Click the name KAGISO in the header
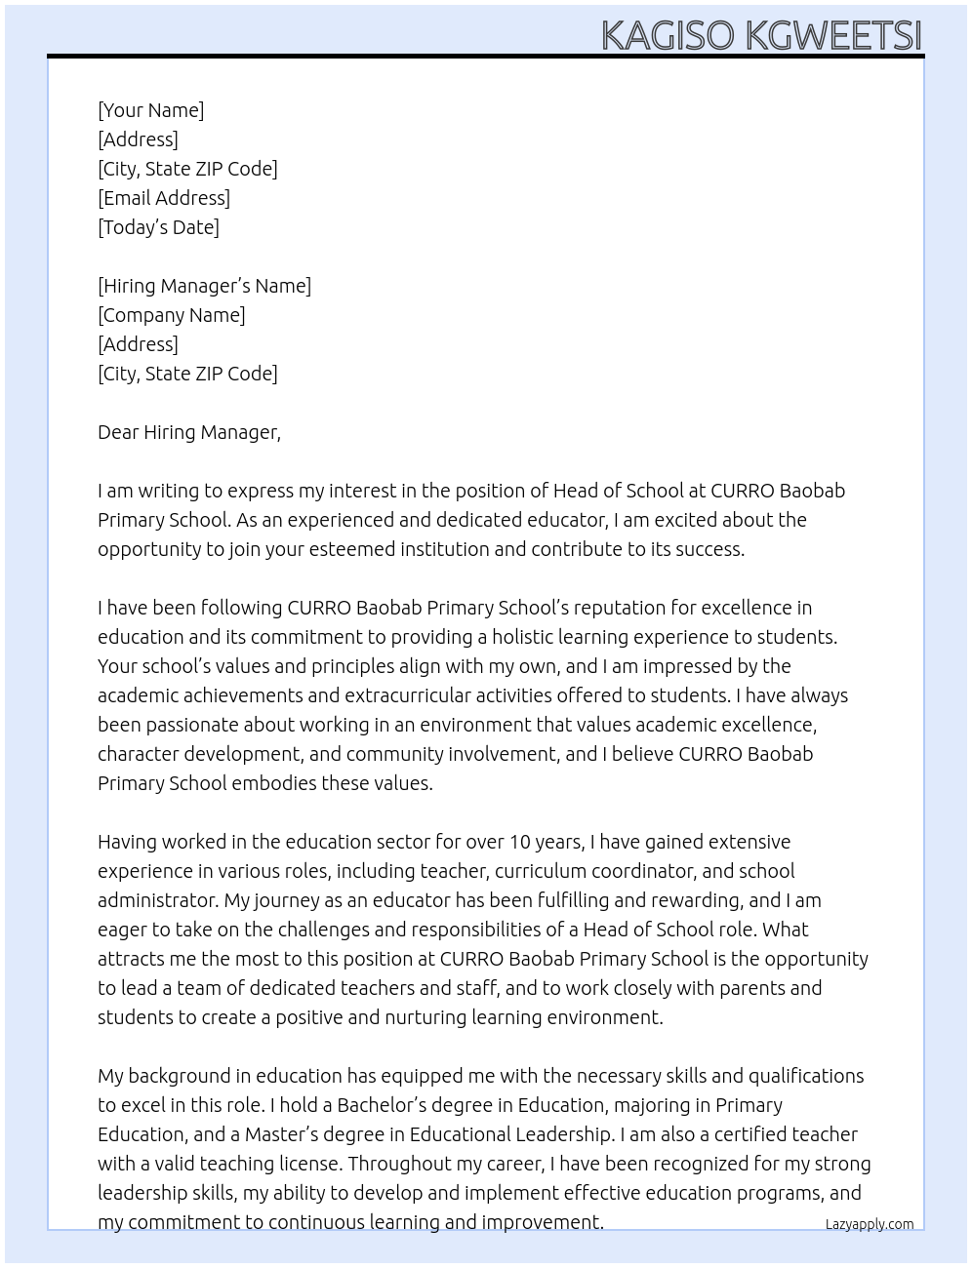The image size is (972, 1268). pos(668,35)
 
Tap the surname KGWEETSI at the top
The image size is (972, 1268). pos(833,35)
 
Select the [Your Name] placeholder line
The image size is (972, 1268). pos(151,110)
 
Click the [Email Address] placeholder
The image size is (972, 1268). pos(164,198)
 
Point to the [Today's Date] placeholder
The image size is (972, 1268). pos(158,227)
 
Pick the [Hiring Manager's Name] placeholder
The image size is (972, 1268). pos(204,286)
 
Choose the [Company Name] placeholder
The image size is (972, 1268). pos(172,315)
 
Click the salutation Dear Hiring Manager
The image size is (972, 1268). pos(188,432)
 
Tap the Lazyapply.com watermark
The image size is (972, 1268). pos(870,1224)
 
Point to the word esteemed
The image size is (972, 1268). pos(350,549)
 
